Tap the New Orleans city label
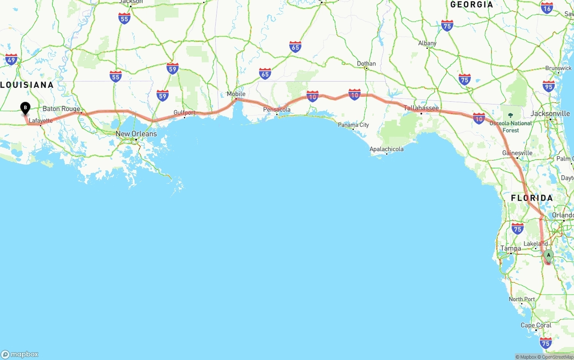click(136, 134)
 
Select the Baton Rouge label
click(61, 109)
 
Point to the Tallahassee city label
click(421, 108)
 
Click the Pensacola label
click(277, 109)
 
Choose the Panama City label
click(353, 125)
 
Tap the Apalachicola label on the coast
click(386, 149)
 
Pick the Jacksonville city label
click(550, 113)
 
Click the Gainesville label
click(517, 153)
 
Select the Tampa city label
click(511, 248)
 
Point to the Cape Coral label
click(536, 325)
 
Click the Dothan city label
click(366, 64)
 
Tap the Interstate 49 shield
click(11, 59)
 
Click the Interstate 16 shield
click(547, 8)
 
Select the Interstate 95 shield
click(548, 86)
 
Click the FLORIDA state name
click(532, 198)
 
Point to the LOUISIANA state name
click(27, 85)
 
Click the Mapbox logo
click(20, 354)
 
